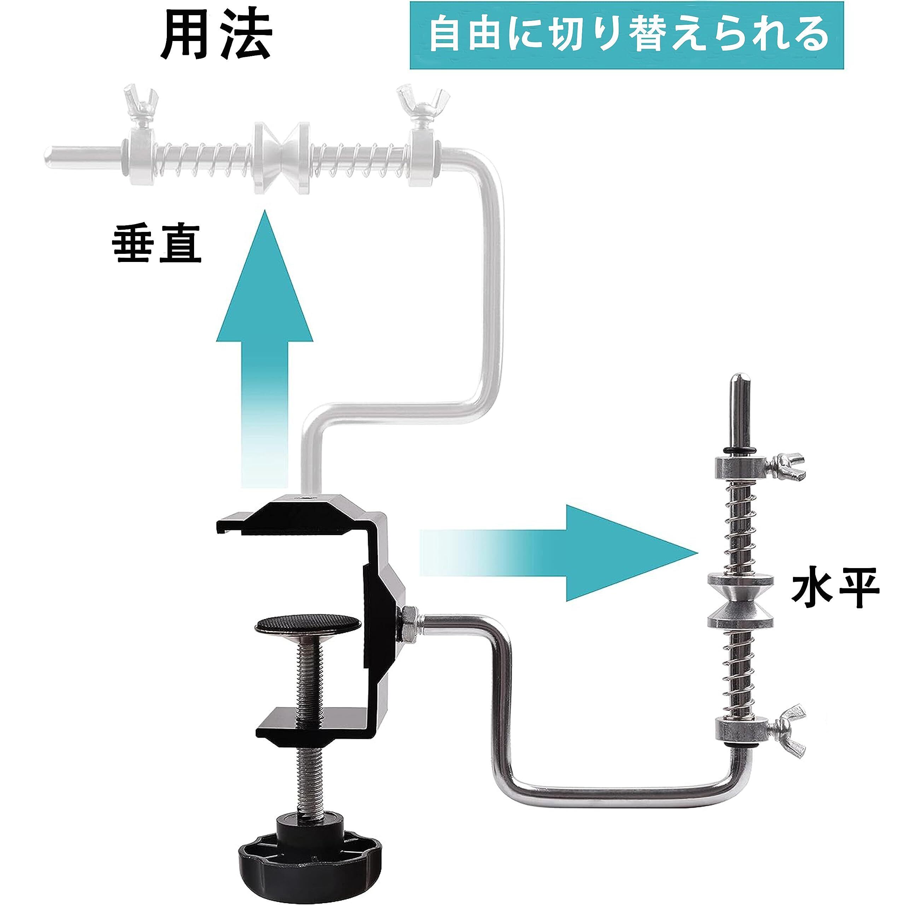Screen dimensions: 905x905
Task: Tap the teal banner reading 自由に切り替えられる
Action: pyautogui.click(x=627, y=36)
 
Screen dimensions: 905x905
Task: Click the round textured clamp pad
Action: pyautogui.click(x=308, y=625)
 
